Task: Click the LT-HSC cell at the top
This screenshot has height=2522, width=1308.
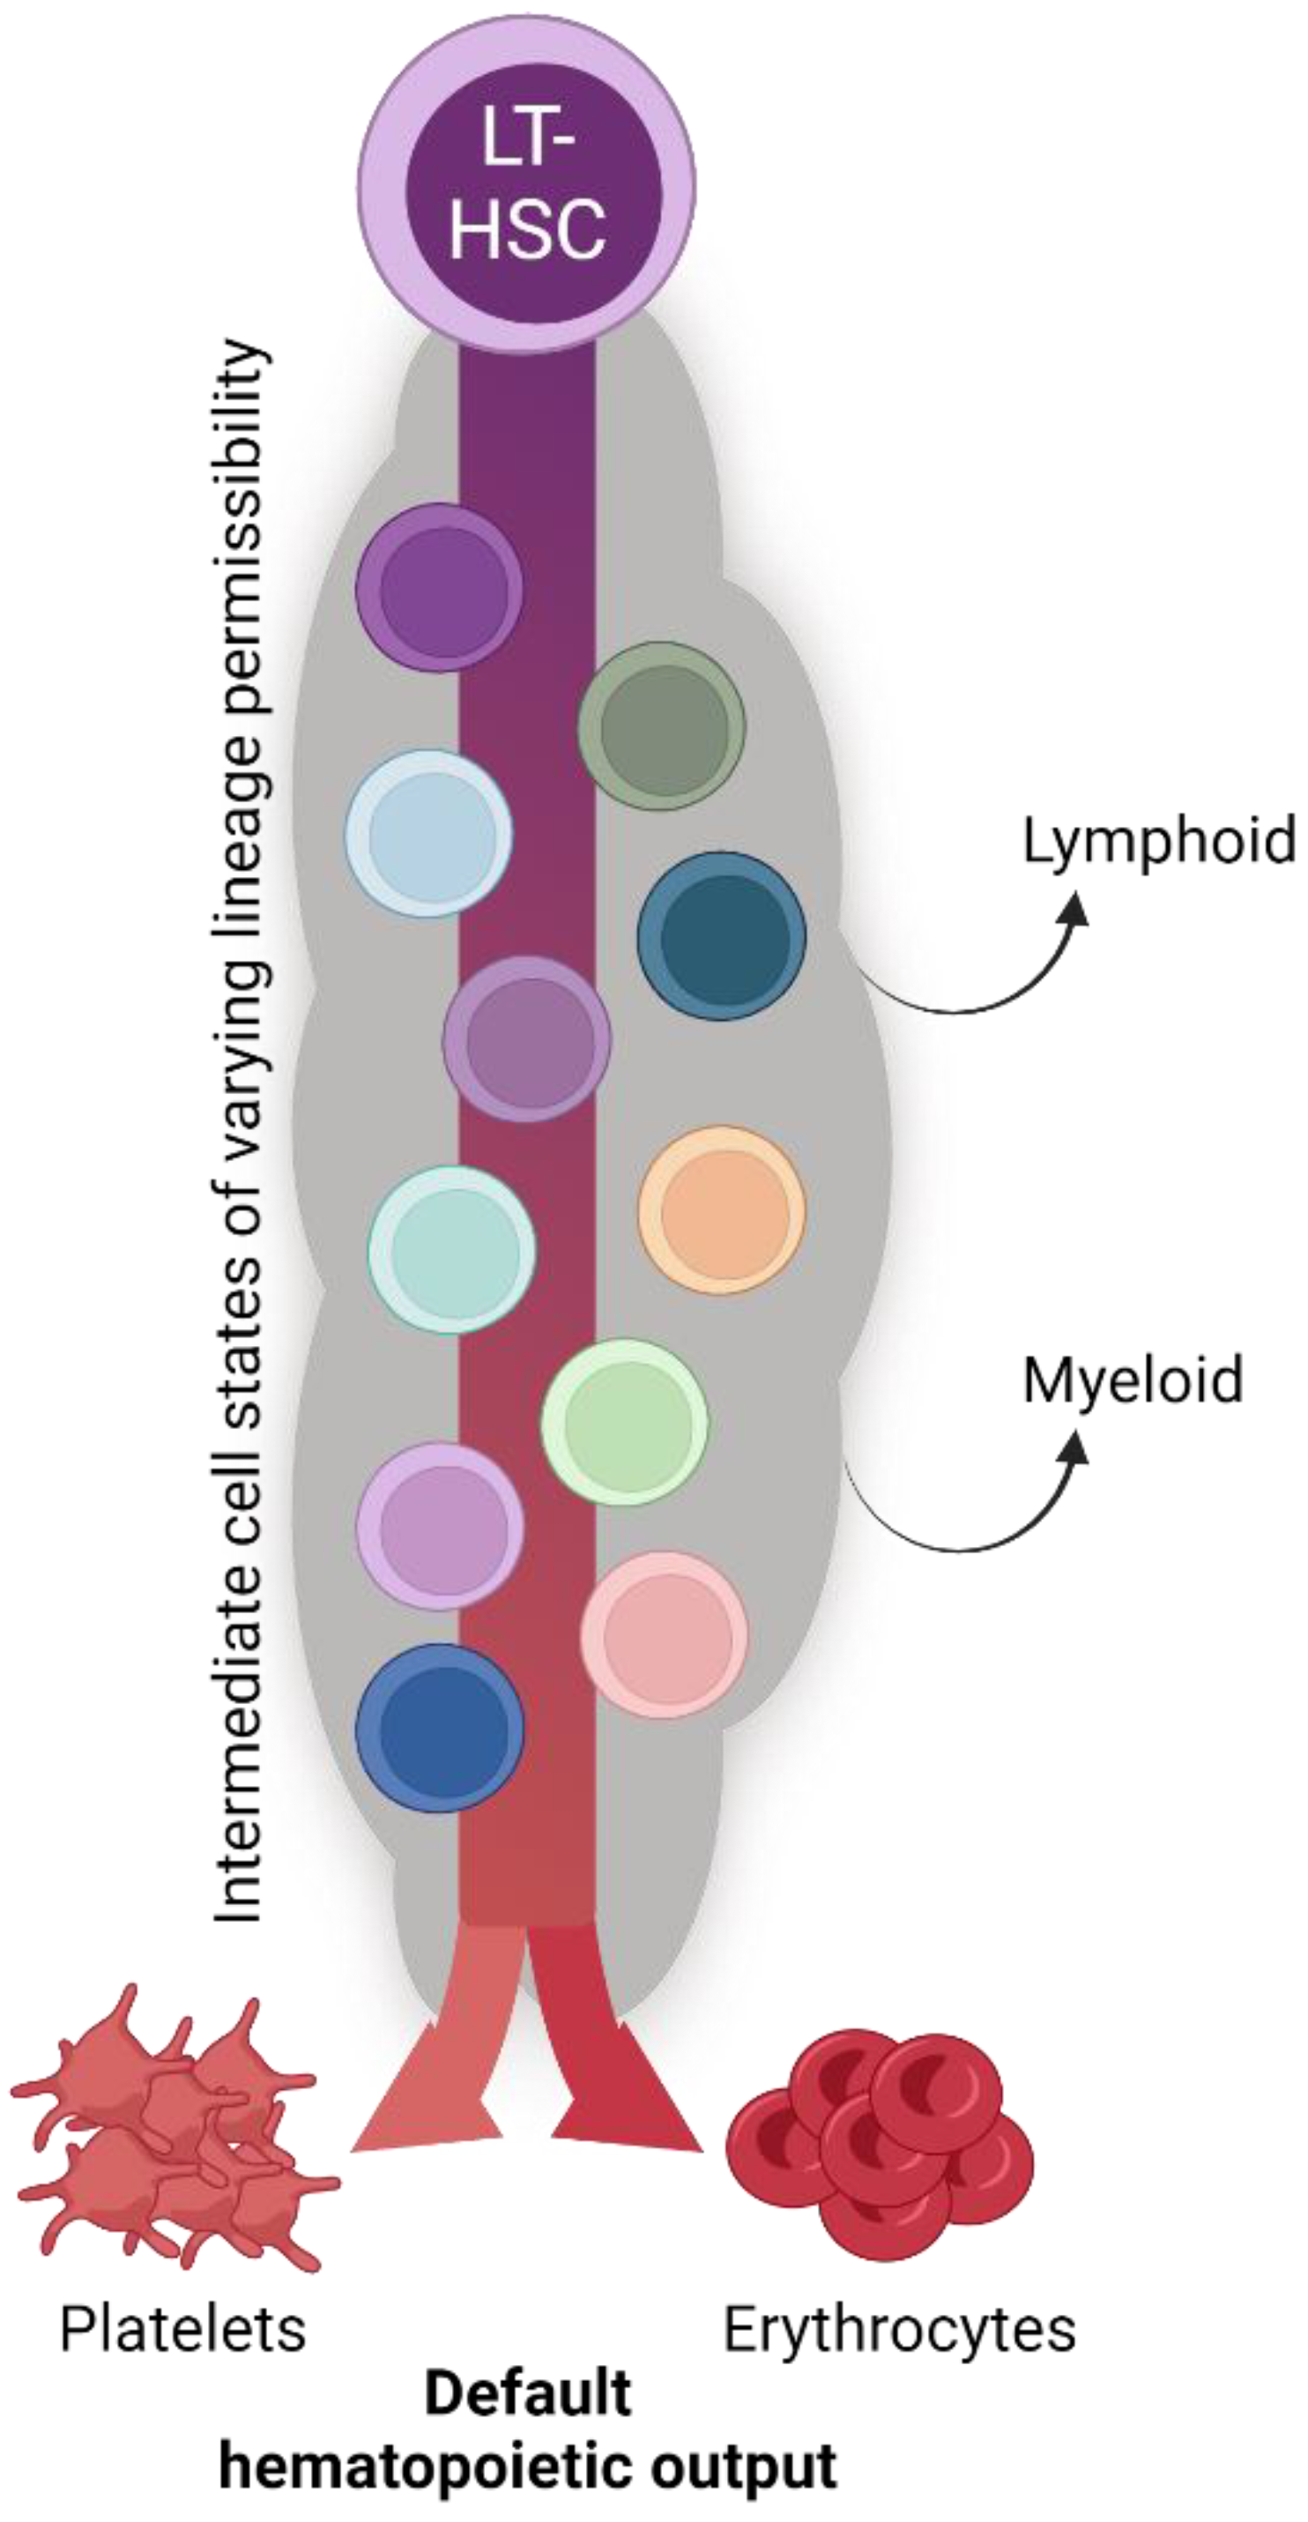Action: pos(527,186)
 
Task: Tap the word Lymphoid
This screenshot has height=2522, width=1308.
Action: pos(1159,841)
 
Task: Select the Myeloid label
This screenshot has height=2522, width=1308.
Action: pos(1133,1380)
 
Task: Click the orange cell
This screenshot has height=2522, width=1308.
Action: pos(722,1210)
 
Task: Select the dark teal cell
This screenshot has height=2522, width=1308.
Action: pos(722,936)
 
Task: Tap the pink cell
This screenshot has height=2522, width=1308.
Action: pos(664,1634)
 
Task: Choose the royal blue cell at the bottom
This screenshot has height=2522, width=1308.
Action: pos(440,1727)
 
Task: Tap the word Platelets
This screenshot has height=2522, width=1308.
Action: pos(183,2329)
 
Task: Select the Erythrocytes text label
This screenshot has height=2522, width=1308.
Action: pos(899,2329)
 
